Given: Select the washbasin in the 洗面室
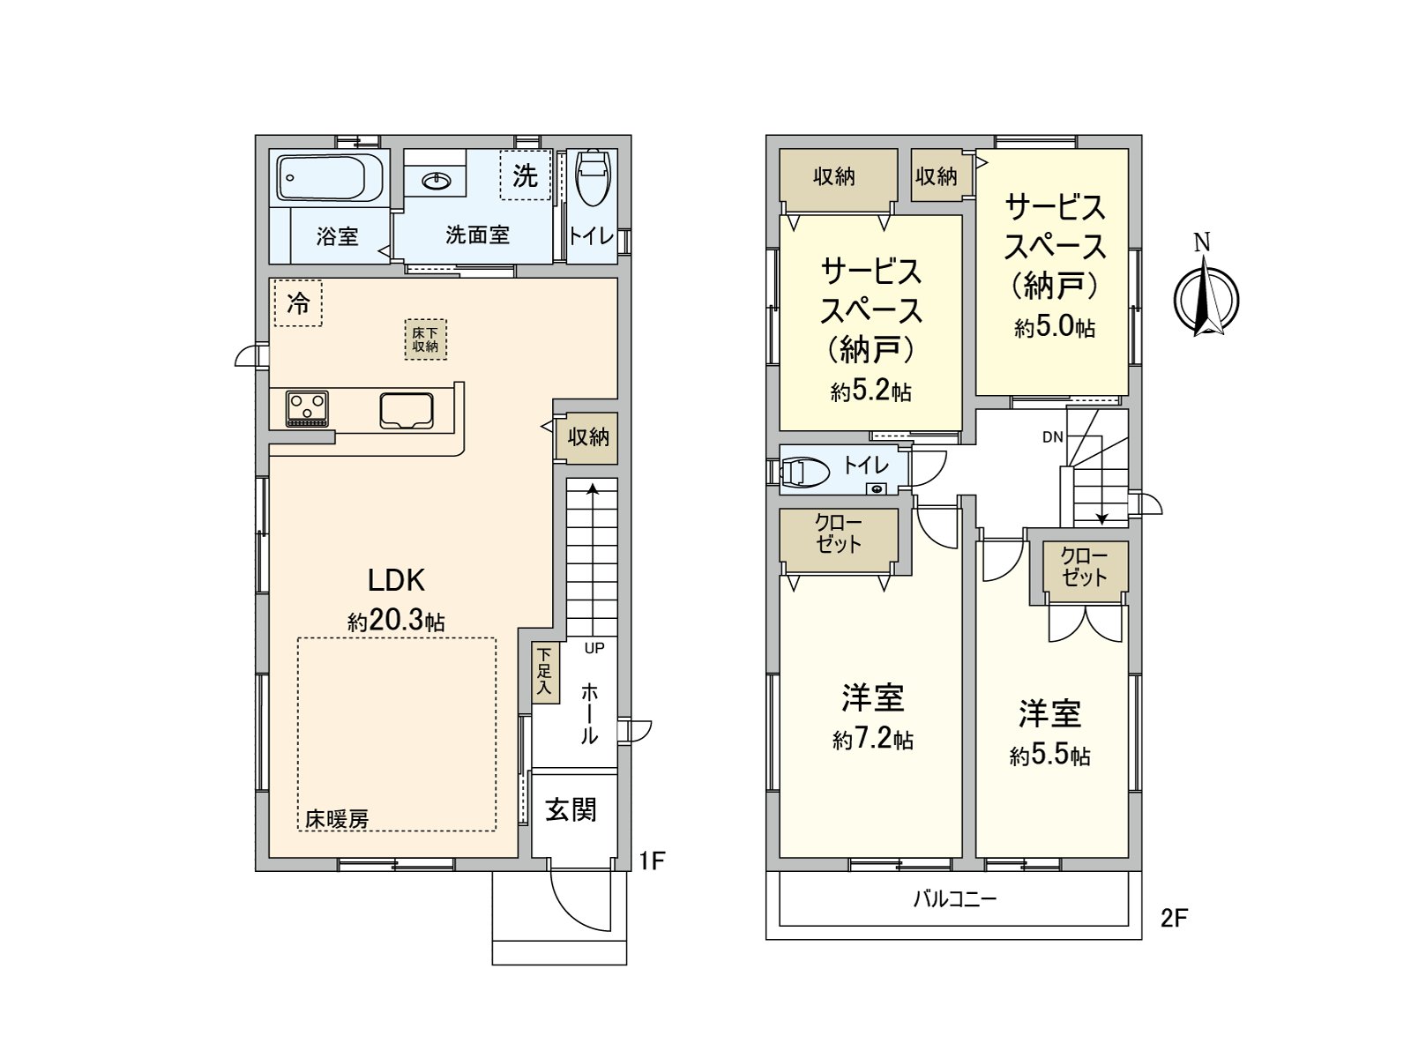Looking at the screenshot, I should (x=436, y=182).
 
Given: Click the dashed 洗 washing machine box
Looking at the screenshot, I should (x=525, y=175).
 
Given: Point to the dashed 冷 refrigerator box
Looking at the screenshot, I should (x=298, y=303).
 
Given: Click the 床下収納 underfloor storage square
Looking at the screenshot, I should (x=425, y=339).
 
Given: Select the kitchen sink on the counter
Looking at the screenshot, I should (x=407, y=411).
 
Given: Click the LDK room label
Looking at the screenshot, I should (x=396, y=580).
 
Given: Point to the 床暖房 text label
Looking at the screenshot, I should (x=337, y=819).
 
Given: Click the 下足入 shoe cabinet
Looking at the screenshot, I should (x=545, y=672).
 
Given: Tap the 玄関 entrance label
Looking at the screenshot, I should (x=571, y=809).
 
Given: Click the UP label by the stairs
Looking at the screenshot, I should (x=594, y=648).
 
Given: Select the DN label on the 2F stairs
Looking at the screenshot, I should (x=1052, y=437).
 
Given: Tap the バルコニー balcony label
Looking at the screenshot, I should (x=954, y=899).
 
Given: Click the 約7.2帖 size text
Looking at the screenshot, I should (x=872, y=739).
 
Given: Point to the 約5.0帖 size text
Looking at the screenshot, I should (x=1054, y=327).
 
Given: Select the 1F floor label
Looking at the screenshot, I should (x=651, y=861).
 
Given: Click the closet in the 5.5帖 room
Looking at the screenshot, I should (x=1085, y=567).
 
